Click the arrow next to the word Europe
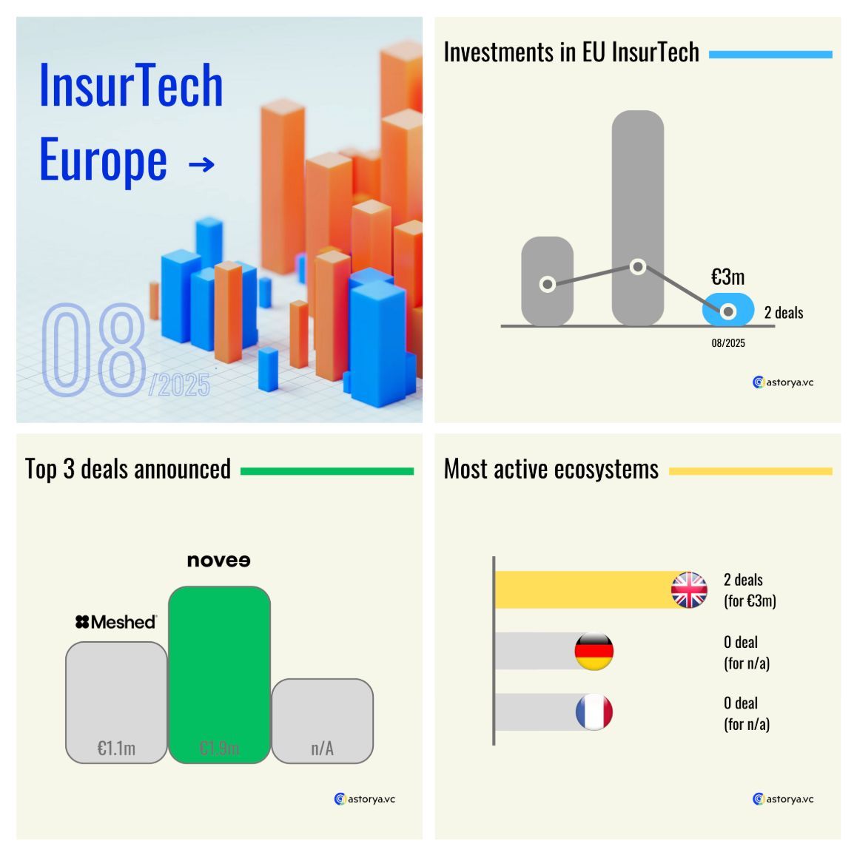(x=201, y=164)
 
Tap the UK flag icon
(x=689, y=589)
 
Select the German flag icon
(x=594, y=651)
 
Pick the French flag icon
(x=594, y=712)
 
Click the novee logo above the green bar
(x=218, y=561)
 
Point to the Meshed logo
(x=116, y=622)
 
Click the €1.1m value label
(x=116, y=748)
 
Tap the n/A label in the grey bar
(x=322, y=748)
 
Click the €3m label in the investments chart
(x=727, y=277)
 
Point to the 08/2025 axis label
(x=728, y=343)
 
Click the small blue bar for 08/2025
(x=728, y=310)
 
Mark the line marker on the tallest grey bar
(x=638, y=267)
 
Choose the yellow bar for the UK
(x=585, y=589)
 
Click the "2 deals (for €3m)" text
(x=750, y=590)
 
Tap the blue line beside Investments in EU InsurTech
(x=770, y=54)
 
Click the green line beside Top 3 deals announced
(x=326, y=471)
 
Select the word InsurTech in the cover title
(x=131, y=85)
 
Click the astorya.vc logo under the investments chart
(x=783, y=382)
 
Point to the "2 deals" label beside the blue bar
(x=784, y=313)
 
